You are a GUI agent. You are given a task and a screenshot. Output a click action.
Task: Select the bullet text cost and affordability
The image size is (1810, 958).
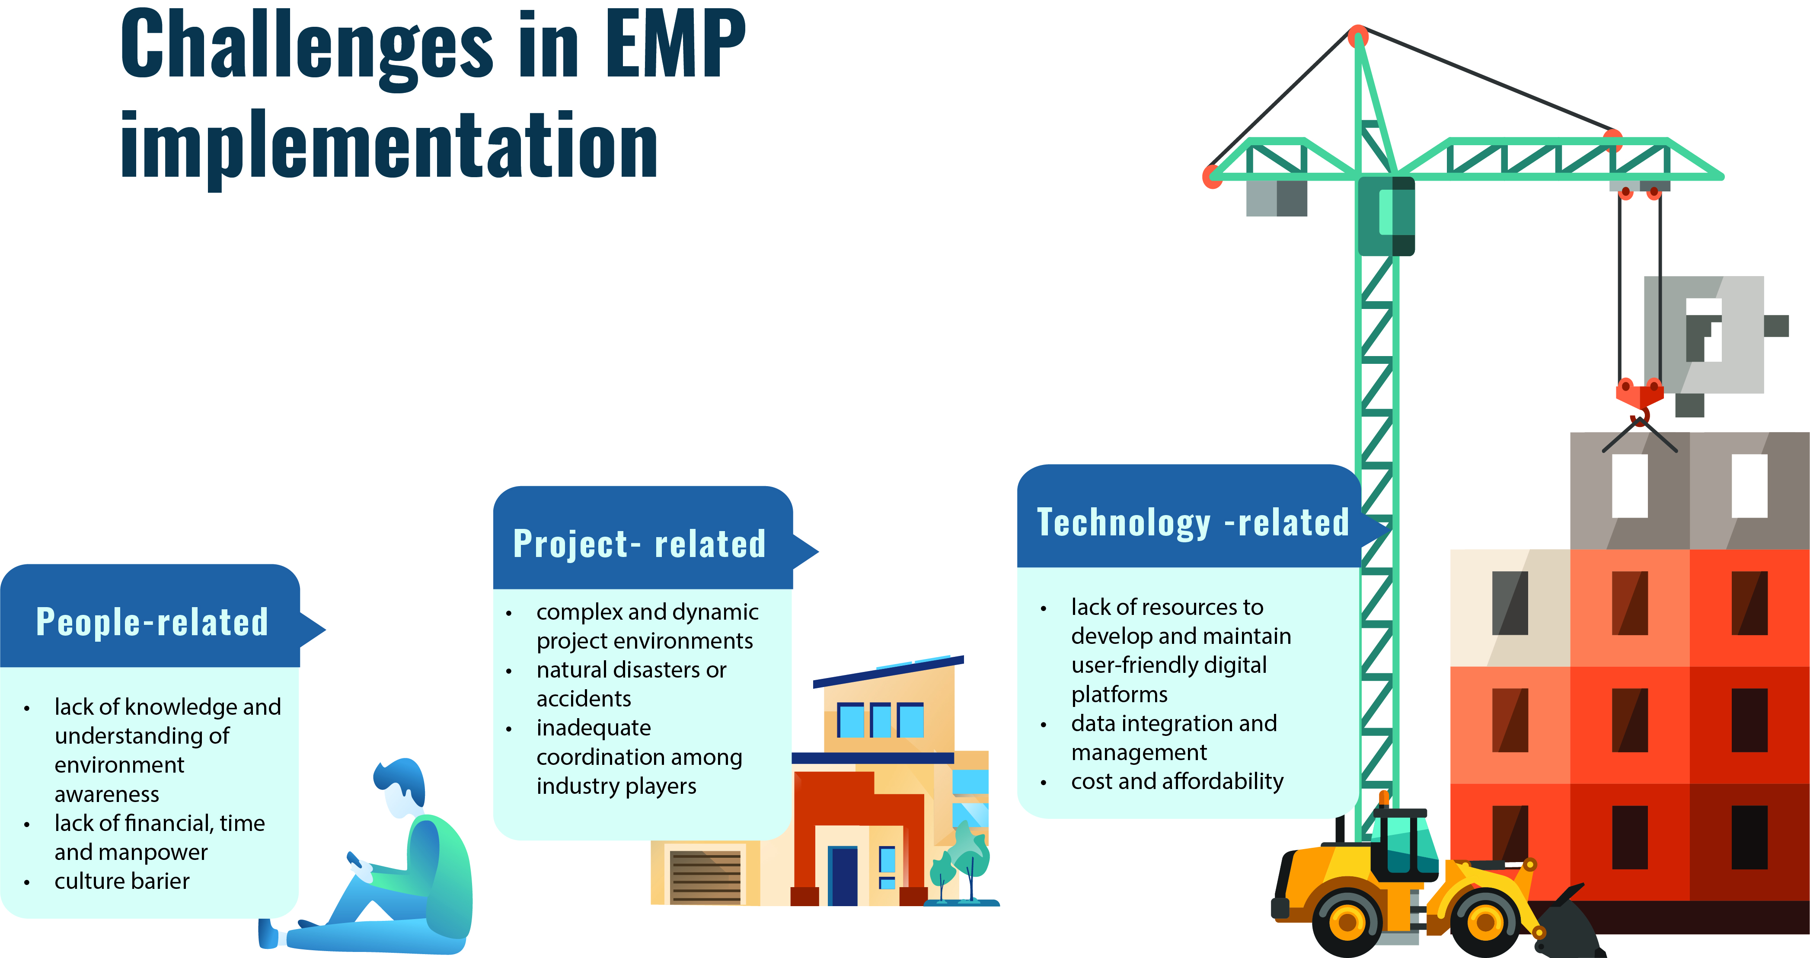pos(1177,781)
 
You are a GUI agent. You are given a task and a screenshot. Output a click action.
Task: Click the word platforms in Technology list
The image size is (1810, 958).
pos(1119,694)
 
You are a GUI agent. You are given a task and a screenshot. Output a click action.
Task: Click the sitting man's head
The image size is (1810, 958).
pos(400,786)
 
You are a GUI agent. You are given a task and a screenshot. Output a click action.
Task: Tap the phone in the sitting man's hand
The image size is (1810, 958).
pos(355,860)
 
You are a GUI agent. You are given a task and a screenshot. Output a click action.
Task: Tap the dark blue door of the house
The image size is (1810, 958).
pos(843,875)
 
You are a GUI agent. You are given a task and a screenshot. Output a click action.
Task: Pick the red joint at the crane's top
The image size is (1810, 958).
pos(1358,35)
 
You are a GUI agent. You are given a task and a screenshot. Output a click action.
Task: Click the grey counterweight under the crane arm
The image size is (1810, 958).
pos(1276,198)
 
